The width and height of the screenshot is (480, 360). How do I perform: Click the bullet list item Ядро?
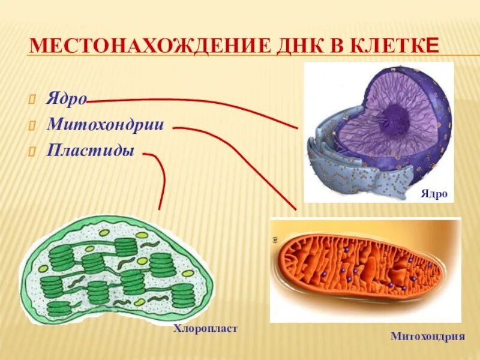pos(67,99)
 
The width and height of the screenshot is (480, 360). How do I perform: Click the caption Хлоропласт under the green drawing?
pos(205,328)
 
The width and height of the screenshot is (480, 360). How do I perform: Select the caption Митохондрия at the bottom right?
pos(428,336)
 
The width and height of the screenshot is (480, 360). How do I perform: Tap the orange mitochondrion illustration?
pos(360,267)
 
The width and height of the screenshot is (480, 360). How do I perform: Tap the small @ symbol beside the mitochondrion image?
pos(275,239)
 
